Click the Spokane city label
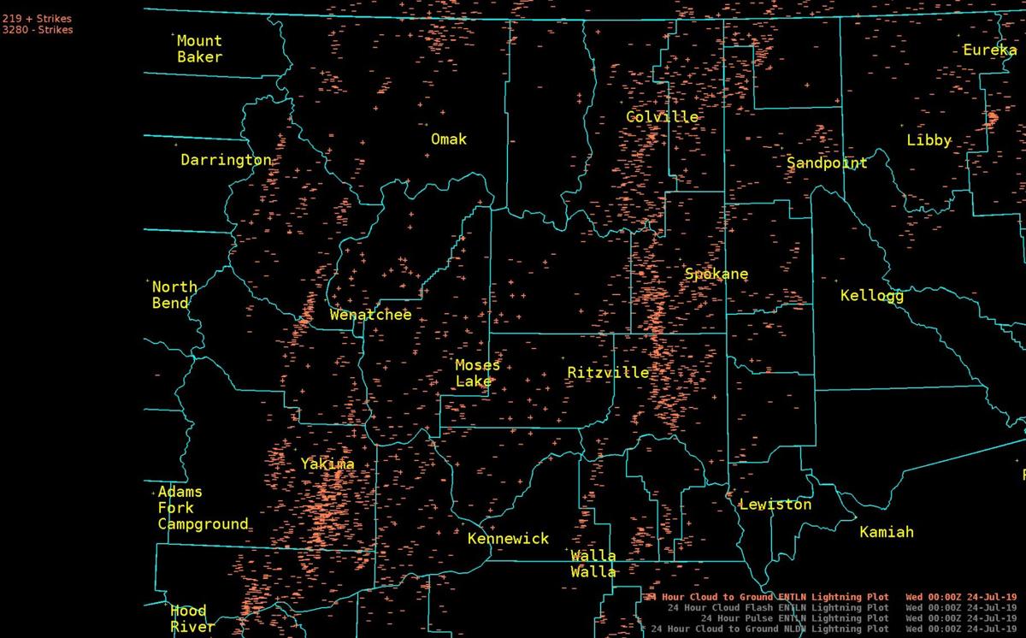pyautogui.click(x=716, y=275)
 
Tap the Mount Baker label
pyautogui.click(x=199, y=49)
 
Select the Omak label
pyautogui.click(x=449, y=139)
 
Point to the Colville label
pyautogui.click(x=662, y=117)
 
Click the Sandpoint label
pyautogui.click(x=827, y=162)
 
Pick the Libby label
pyautogui.click(x=929, y=140)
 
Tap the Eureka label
pyautogui.click(x=990, y=50)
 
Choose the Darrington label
pyautogui.click(x=226, y=160)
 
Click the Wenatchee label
pyautogui.click(x=370, y=315)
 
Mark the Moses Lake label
pyautogui.click(x=477, y=374)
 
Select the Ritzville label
pyautogui.click(x=608, y=373)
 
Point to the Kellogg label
pyautogui.click(x=871, y=296)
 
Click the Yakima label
pyautogui.click(x=327, y=464)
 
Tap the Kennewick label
pyautogui.click(x=508, y=539)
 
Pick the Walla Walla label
pyautogui.click(x=593, y=564)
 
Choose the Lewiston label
pyautogui.click(x=775, y=505)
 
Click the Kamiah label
pyautogui.click(x=887, y=532)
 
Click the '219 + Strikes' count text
pyautogui.click(x=37, y=18)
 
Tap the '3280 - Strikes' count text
pyautogui.click(x=37, y=30)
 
